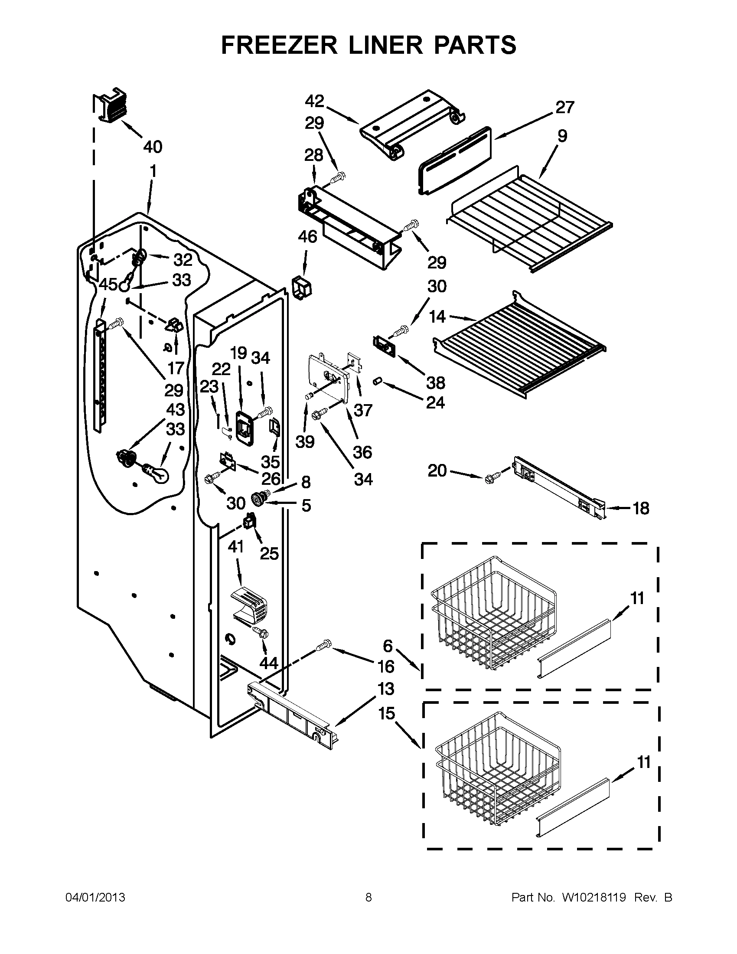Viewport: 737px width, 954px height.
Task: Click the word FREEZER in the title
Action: tap(279, 45)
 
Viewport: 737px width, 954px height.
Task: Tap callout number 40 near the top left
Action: tap(152, 147)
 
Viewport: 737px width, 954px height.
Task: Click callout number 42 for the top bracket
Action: tap(314, 101)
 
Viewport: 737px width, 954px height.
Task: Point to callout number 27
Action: tap(564, 107)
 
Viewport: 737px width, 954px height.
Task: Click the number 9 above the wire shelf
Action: tap(562, 136)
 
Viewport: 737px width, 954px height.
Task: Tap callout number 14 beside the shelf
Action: tap(437, 317)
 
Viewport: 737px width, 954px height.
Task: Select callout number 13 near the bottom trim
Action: tap(385, 689)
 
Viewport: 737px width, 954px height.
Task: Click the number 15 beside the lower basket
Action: tap(386, 714)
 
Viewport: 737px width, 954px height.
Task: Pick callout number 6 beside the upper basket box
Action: tap(388, 645)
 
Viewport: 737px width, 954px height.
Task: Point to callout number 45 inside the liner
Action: tap(108, 285)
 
